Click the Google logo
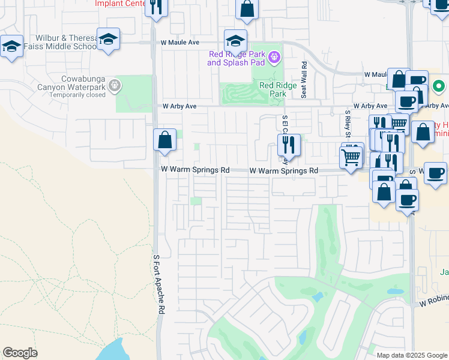pos(20,353)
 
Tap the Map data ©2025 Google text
pos(412,355)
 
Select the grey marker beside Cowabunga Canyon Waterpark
pos(115,87)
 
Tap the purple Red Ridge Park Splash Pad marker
pos(275,57)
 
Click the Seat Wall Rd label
pos(304,79)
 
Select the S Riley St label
pos(347,124)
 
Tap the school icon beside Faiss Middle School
pos(108,40)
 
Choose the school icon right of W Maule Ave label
pos(236,41)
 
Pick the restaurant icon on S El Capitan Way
pos(289,145)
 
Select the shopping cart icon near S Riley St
pos(351,157)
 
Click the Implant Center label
pos(121,3)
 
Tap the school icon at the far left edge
pos(11,46)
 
